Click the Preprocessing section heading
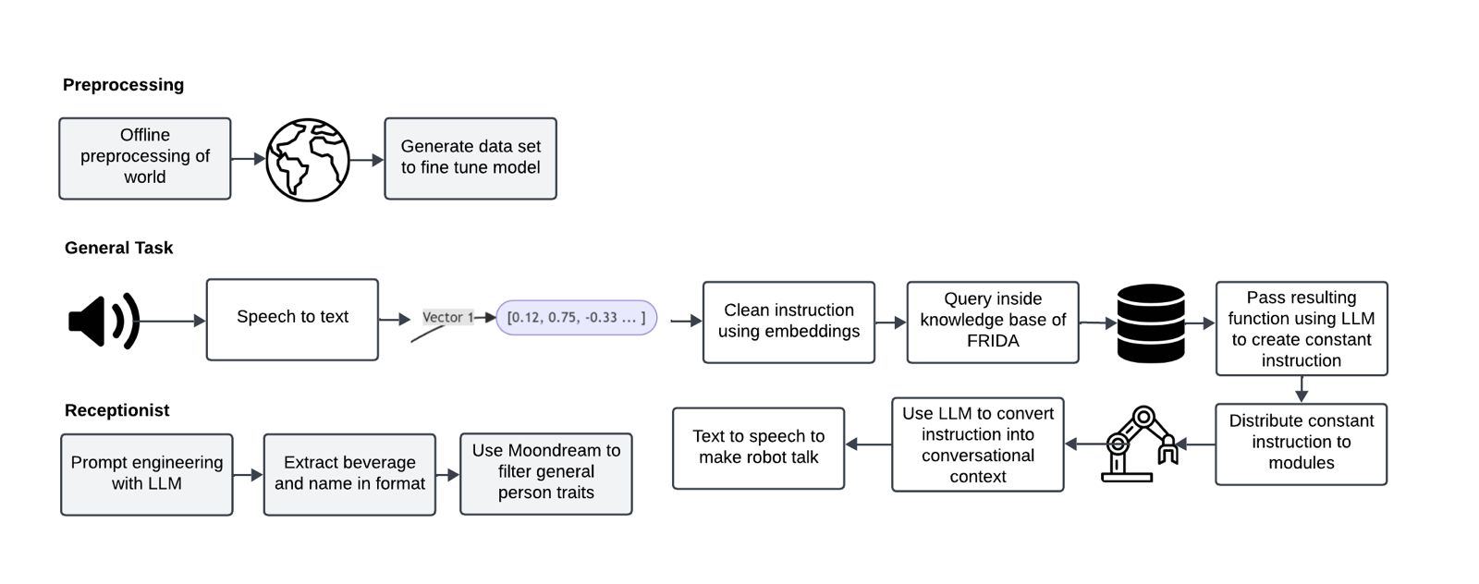(x=123, y=85)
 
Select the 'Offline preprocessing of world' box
(x=145, y=158)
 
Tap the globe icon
(x=308, y=159)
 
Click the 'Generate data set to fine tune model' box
(x=471, y=158)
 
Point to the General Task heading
(x=118, y=248)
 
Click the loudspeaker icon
(x=103, y=321)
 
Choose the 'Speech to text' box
(x=292, y=320)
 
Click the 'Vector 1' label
(x=447, y=317)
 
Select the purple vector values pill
(x=576, y=317)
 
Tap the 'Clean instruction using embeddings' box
(x=788, y=322)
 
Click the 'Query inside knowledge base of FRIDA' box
(x=993, y=322)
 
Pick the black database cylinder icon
(x=1151, y=322)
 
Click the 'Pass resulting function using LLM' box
(x=1301, y=328)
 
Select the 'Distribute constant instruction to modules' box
(x=1301, y=444)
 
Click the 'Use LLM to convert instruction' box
(x=977, y=444)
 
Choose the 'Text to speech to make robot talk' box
(x=758, y=447)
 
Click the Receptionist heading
(x=117, y=410)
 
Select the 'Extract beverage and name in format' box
(x=349, y=473)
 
